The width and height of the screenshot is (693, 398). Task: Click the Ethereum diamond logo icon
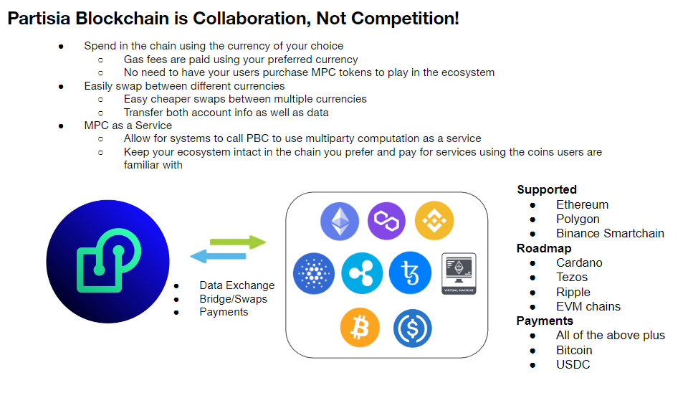point(340,221)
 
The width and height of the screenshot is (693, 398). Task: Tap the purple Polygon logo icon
point(387,221)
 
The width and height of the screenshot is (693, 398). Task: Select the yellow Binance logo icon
point(434,221)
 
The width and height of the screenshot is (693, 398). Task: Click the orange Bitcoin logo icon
point(360,328)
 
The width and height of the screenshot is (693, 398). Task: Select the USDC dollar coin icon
point(413,328)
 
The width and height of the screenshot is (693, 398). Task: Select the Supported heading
point(547,189)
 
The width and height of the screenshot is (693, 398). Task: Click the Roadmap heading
point(544,248)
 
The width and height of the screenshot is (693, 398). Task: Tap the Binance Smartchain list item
point(610,233)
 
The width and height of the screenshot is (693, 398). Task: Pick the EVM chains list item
point(588,306)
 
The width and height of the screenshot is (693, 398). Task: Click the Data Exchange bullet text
point(236,285)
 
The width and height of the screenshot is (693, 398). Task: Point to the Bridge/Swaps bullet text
point(233,298)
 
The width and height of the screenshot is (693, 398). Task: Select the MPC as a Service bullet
point(128,125)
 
